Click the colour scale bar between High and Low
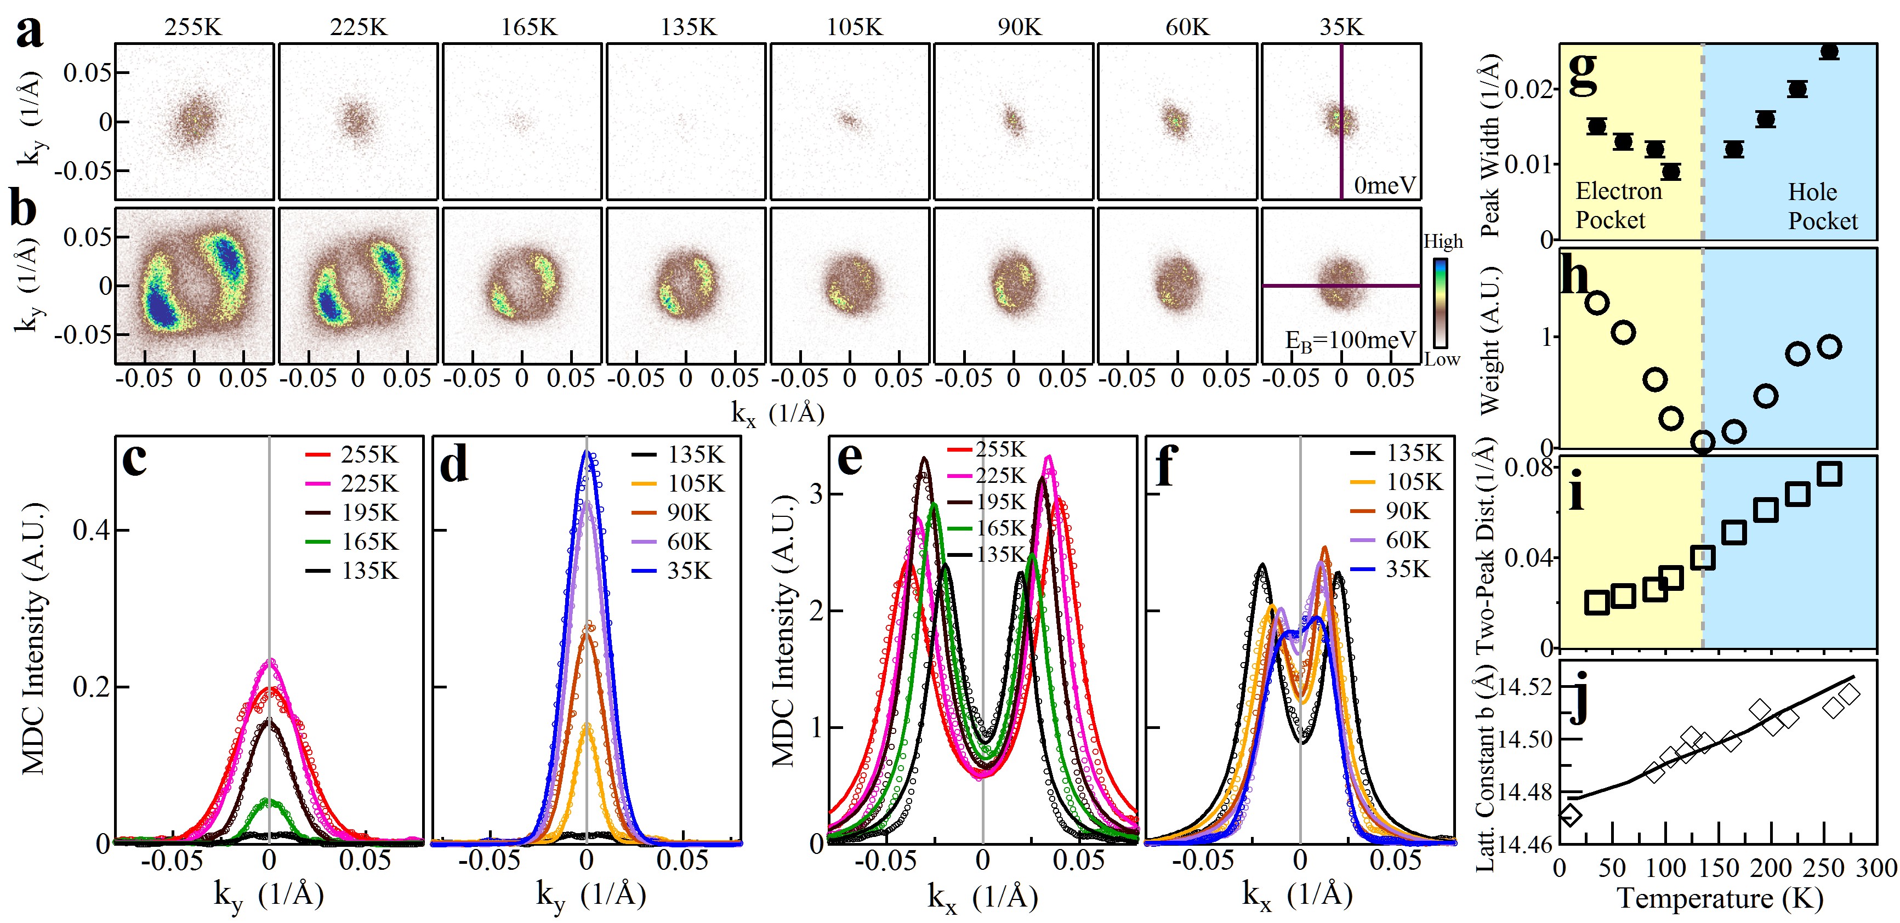point(1440,301)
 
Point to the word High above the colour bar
point(1443,241)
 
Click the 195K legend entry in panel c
point(352,512)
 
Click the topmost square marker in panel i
point(1830,474)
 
